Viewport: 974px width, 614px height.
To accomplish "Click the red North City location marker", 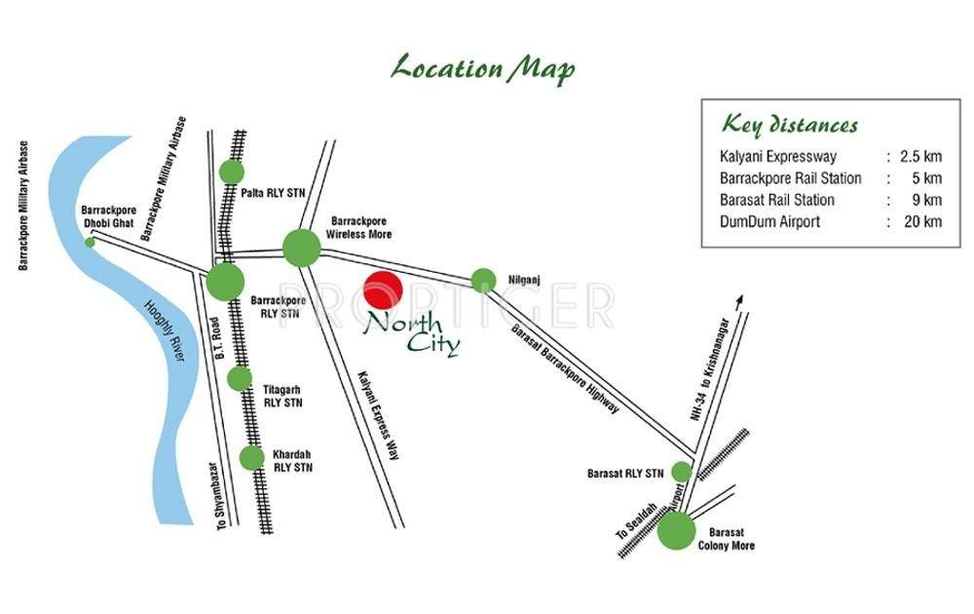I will click(x=382, y=290).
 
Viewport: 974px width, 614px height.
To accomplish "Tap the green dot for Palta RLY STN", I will click(x=231, y=172).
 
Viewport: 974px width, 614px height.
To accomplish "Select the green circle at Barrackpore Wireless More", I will click(x=302, y=248).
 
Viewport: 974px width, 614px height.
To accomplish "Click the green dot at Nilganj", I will click(x=483, y=281).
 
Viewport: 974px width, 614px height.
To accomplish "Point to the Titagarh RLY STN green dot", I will click(x=240, y=379).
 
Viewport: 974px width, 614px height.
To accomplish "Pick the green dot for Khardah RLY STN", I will click(x=251, y=457).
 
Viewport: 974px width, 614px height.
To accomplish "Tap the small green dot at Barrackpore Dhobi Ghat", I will click(x=91, y=242).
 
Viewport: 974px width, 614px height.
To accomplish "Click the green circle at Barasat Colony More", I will click(x=676, y=531).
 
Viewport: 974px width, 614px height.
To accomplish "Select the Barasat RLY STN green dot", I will click(x=681, y=472).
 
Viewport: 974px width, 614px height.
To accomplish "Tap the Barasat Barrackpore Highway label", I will click(x=565, y=368).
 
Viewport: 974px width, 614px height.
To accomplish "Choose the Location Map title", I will click(x=482, y=69).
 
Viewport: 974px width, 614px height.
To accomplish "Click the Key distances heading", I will click(x=789, y=125).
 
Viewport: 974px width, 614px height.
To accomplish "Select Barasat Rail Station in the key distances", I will click(x=776, y=200).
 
